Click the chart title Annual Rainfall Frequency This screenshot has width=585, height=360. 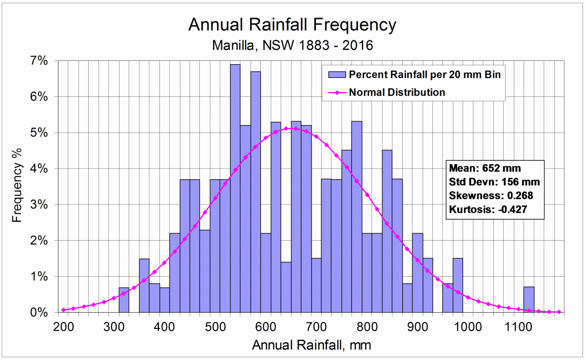292,24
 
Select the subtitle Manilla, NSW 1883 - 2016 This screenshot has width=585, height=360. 292,46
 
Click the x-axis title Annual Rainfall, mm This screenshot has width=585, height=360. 312,346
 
